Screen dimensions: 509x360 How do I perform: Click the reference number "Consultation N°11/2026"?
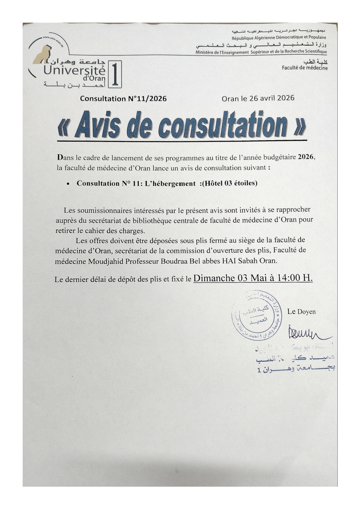123,99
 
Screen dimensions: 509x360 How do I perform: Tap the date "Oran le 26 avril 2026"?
258,98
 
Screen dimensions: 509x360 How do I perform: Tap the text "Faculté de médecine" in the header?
304,68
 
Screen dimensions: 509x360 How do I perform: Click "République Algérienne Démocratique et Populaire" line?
279,38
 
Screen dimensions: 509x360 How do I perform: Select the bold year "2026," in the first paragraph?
306,157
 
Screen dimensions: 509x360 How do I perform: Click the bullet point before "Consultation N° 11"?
68,184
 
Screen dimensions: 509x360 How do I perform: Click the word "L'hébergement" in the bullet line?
170,183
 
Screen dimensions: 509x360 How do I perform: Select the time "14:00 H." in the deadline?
295,278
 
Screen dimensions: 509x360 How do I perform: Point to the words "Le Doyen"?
301,312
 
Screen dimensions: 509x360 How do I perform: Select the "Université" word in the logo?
74,70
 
